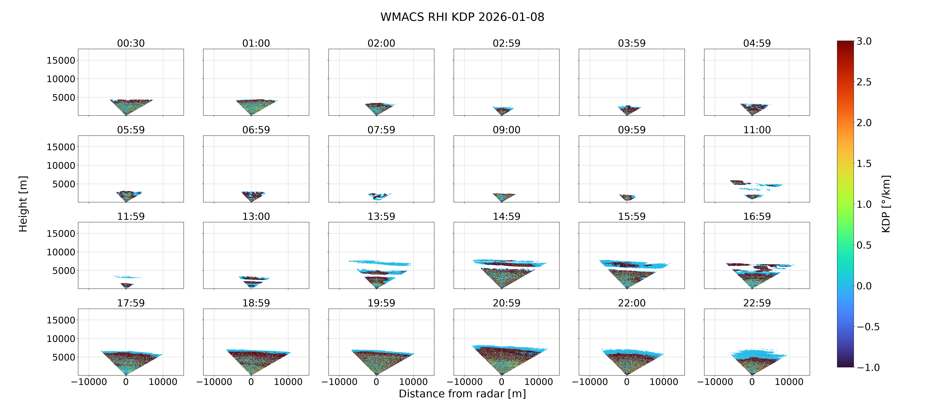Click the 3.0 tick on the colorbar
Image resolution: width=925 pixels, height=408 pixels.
pos(864,41)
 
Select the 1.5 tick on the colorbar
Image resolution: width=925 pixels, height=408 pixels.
pos(864,164)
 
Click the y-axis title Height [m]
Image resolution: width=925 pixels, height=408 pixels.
pos(23,204)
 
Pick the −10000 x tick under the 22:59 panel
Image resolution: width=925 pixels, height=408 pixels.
pos(715,382)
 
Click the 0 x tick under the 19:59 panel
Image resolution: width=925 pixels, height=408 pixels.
pos(376,382)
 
